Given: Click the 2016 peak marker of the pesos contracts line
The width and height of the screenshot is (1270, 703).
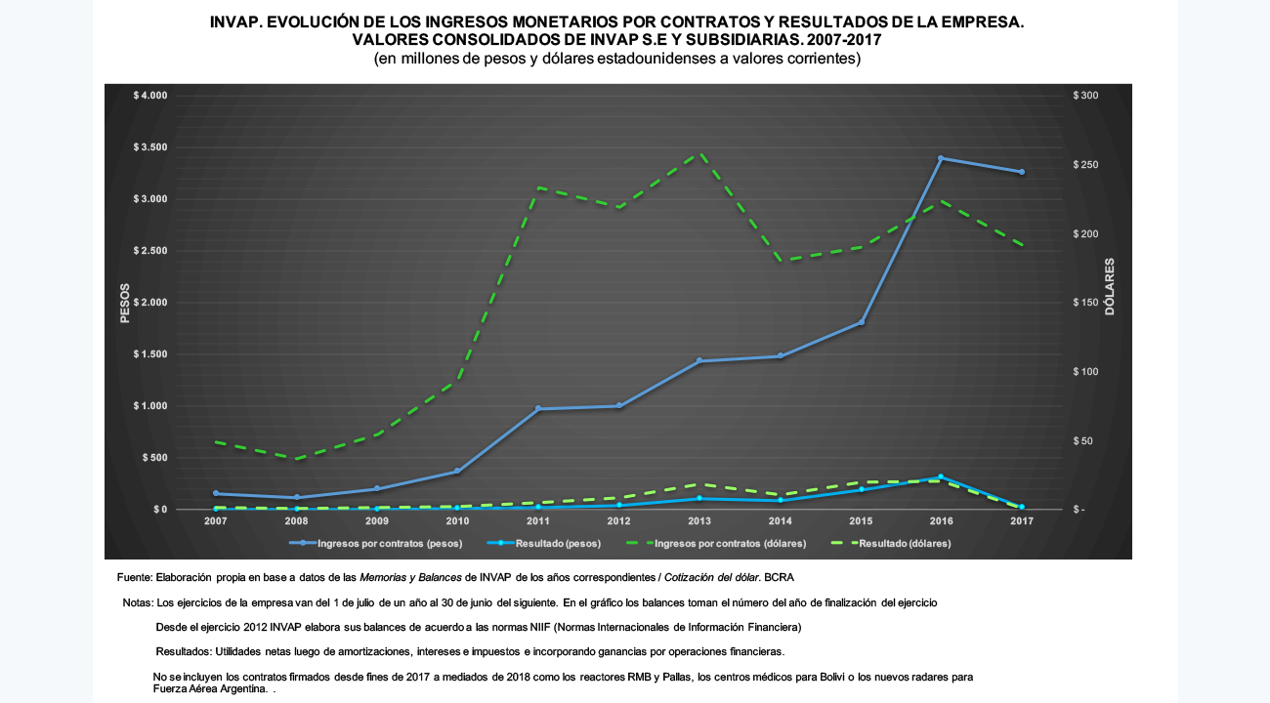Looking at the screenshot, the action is (941, 158).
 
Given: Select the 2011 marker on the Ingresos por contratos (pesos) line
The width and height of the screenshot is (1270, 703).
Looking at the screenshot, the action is (538, 408).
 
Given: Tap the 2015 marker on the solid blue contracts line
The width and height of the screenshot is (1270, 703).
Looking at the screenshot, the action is (862, 322).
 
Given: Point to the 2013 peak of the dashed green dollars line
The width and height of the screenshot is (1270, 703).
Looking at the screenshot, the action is (700, 153).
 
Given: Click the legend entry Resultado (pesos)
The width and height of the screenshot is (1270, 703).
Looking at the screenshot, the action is (544, 543).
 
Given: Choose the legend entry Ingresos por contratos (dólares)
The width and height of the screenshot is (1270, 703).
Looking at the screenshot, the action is (715, 543).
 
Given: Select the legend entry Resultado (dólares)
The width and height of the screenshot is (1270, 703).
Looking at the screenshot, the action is (891, 543).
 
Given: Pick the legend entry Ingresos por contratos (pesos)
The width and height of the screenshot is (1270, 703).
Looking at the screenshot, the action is (375, 543).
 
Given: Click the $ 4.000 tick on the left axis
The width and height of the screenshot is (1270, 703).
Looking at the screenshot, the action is (150, 95).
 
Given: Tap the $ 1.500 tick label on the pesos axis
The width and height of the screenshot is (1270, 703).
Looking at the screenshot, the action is (150, 354).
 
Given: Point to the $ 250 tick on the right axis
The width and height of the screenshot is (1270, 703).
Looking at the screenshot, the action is (1085, 165).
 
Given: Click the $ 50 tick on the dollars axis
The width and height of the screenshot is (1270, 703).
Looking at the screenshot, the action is (1082, 440).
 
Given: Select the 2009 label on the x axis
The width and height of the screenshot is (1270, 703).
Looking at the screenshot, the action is (377, 521).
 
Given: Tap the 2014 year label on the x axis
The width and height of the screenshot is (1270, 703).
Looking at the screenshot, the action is (781, 521).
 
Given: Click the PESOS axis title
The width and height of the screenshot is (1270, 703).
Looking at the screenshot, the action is (125, 303).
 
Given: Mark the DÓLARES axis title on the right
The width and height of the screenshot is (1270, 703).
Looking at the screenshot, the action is (1110, 287).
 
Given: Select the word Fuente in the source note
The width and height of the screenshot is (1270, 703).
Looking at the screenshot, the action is (134, 577).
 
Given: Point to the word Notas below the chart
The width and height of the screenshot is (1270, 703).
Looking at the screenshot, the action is (137, 602).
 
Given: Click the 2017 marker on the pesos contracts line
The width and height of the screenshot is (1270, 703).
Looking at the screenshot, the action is (1022, 172).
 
